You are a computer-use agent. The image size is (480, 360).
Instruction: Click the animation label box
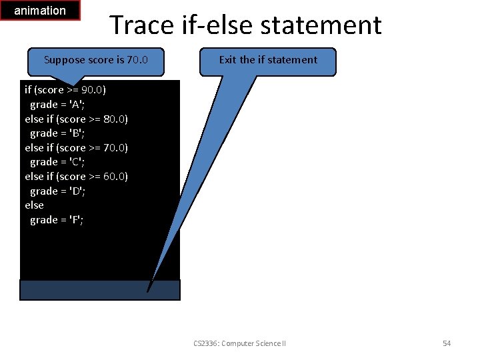tap(40, 11)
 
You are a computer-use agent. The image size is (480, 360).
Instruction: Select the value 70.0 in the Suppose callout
tap(137, 60)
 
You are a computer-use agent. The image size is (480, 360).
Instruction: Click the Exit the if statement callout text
tap(268, 60)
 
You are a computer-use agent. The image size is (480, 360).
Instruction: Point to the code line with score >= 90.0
tap(65, 90)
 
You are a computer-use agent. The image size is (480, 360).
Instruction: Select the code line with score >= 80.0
tap(77, 119)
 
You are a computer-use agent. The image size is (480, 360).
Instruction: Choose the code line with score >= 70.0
tap(77, 147)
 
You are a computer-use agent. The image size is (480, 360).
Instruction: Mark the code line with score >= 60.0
tap(77, 177)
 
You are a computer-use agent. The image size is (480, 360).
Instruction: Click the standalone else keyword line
tap(35, 205)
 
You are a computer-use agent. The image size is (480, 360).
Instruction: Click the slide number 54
tap(447, 343)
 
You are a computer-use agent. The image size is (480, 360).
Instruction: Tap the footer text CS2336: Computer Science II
tap(239, 343)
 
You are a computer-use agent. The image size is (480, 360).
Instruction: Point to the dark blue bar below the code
tap(100, 289)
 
